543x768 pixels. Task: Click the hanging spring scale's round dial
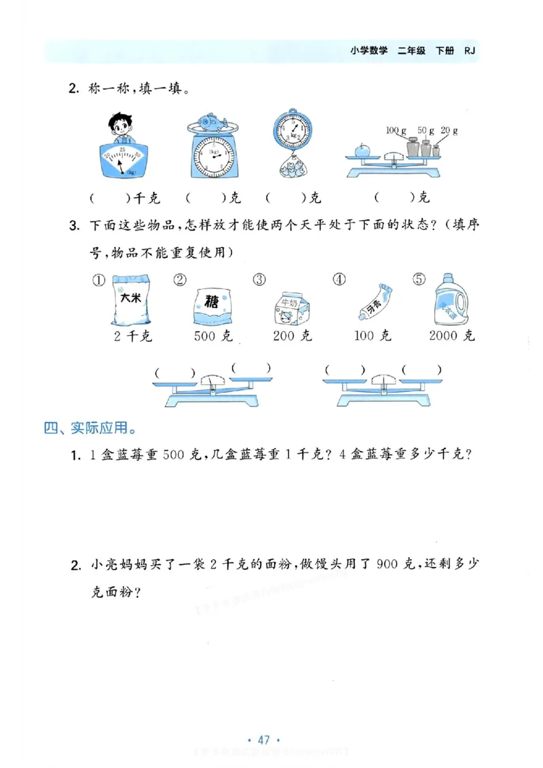click(292, 130)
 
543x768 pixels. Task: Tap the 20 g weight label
click(449, 130)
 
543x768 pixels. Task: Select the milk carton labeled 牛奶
click(292, 311)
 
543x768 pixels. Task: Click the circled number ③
click(258, 280)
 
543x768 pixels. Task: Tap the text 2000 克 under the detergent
click(452, 336)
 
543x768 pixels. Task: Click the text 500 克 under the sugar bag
click(213, 336)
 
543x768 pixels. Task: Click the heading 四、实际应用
click(88, 428)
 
